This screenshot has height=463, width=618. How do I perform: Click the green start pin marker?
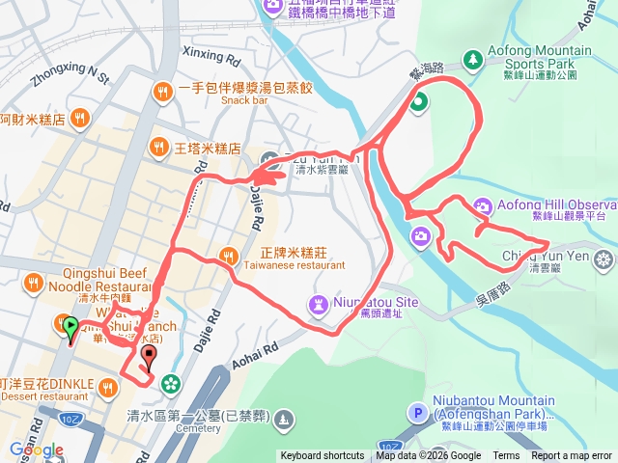click(x=70, y=328)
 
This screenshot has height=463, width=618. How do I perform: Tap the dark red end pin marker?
click(x=148, y=359)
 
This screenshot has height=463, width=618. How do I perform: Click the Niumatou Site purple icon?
click(x=318, y=304)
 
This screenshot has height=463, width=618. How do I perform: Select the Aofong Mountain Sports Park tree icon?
click(x=473, y=61)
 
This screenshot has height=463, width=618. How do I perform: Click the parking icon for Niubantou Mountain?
click(x=417, y=413)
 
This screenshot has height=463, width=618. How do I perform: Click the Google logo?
click(x=37, y=449)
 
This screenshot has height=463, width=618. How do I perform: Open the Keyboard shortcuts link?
click(x=323, y=456)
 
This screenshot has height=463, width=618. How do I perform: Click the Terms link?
click(x=506, y=456)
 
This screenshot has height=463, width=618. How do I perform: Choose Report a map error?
click(x=572, y=456)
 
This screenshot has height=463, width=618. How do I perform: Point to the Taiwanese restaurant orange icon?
click(x=228, y=256)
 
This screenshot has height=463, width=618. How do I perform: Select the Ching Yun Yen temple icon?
click(x=604, y=258)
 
